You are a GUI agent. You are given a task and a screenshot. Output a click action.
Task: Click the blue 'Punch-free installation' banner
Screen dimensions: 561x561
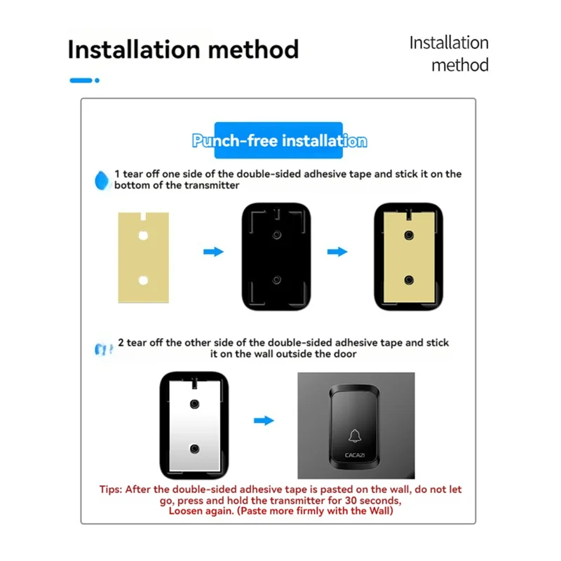[x=279, y=141]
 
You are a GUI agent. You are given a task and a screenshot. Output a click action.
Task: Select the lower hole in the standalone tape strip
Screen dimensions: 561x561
[x=143, y=280]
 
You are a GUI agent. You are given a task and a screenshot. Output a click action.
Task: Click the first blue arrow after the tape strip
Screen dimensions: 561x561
[x=213, y=251]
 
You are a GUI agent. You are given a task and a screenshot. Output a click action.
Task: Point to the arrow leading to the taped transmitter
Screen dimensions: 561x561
[x=338, y=251]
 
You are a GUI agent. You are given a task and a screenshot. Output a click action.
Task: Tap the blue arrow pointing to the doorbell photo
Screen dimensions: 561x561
[x=264, y=421]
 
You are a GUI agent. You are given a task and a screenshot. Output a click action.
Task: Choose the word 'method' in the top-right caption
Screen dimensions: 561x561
[x=459, y=65]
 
